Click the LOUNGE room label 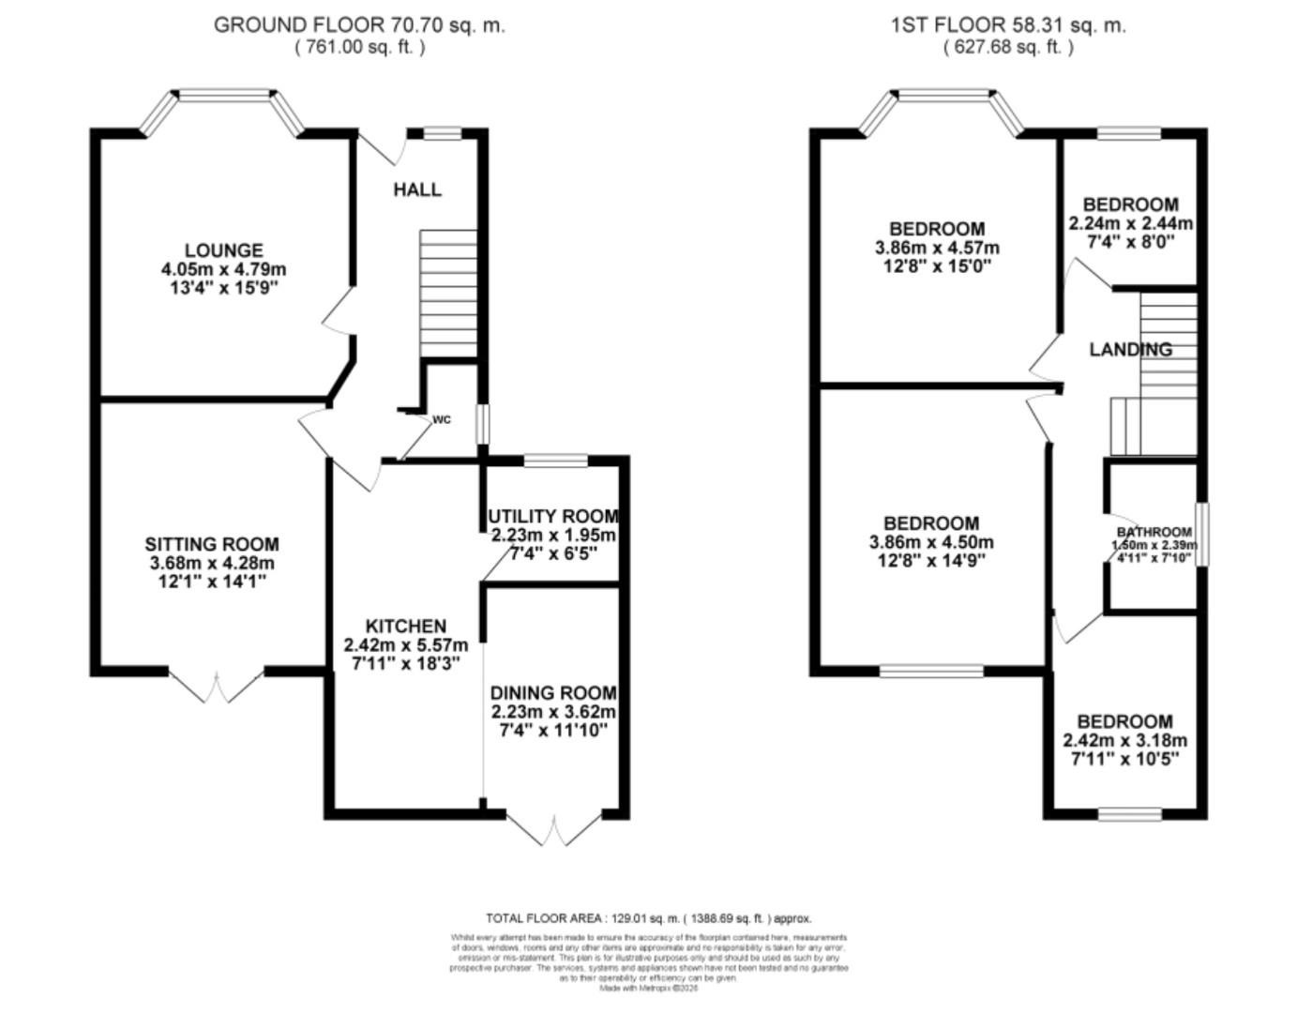tap(223, 250)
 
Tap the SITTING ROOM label tap(212, 544)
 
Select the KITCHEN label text tap(405, 626)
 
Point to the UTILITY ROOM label tap(553, 517)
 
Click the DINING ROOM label tap(553, 692)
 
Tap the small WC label tap(442, 419)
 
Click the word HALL tap(417, 189)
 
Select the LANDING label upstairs tap(1130, 349)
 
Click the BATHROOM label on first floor tap(1154, 532)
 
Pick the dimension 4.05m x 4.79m tap(223, 269)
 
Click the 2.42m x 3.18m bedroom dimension tap(1124, 740)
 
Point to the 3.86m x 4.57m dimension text tap(937, 248)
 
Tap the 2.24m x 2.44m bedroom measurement tap(1130, 223)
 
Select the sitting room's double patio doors tap(218, 686)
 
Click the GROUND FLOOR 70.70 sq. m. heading tap(359, 25)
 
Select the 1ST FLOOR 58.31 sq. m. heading tap(1008, 25)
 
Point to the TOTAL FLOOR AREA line tap(648, 918)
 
